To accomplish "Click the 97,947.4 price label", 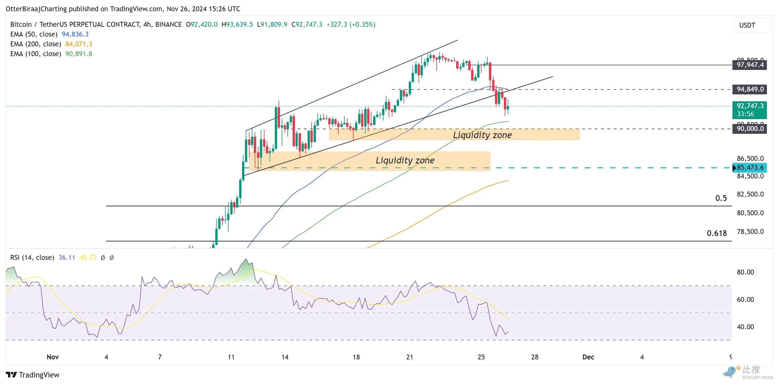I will coord(749,65).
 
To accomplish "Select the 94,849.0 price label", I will coord(749,89).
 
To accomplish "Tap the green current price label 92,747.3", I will coord(749,106).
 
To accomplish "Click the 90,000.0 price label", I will coord(749,129).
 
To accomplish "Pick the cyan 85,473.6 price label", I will coord(749,167).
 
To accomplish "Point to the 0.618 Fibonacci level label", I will coord(716,233).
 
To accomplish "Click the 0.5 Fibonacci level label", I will coord(721,198).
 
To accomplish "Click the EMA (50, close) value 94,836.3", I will coord(75,34).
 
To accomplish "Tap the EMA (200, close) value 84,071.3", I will coord(79,44).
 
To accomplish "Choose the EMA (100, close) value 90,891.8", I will coord(79,54).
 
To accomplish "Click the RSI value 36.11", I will coord(66,258).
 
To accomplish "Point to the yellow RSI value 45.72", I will coord(88,258).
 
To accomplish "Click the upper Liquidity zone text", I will coord(482,135).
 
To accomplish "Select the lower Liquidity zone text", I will coord(405,161).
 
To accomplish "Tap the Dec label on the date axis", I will coord(588,357).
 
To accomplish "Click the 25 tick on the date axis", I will coord(481,357).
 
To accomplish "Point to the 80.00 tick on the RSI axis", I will coord(745,272).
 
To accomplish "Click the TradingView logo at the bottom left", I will coord(33,375).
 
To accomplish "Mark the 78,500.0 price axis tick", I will coord(750,232).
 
